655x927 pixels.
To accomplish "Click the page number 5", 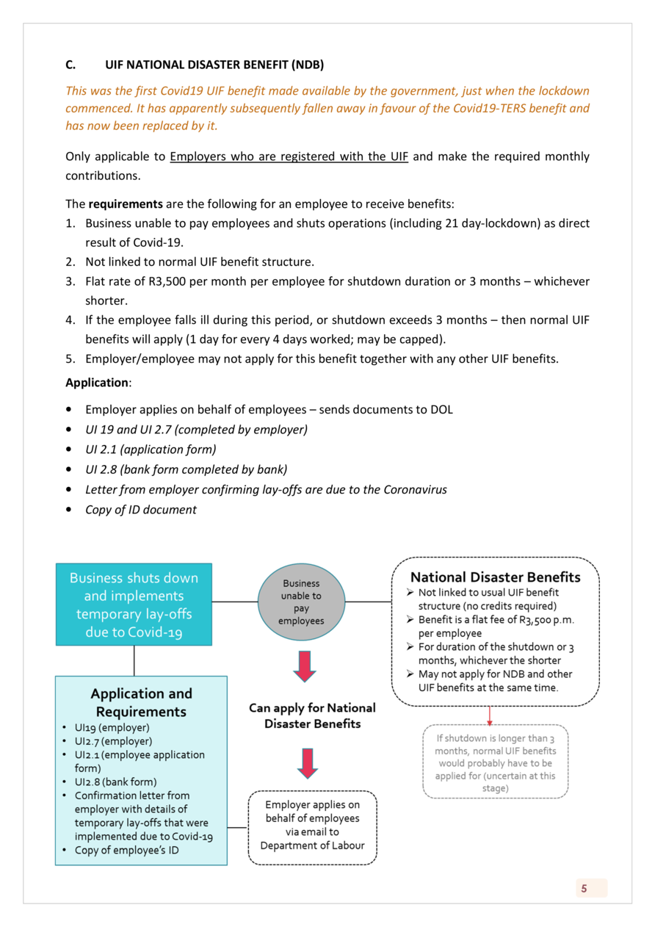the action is (x=584, y=889).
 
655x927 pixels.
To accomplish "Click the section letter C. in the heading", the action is (x=70, y=65).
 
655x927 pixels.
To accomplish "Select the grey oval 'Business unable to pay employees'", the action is (x=301, y=602).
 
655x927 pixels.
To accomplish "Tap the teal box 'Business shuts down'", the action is (x=134, y=605).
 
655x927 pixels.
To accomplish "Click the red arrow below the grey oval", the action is (x=305, y=667).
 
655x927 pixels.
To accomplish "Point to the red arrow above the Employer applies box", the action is (x=308, y=763).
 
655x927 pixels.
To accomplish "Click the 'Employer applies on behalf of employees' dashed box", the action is (x=312, y=828).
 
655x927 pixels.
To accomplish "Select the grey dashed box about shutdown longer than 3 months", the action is (x=495, y=762).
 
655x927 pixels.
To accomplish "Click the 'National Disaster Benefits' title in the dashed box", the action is (x=495, y=577).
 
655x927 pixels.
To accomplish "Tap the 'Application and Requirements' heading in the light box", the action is (x=142, y=702).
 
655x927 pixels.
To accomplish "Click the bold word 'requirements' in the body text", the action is (x=126, y=204).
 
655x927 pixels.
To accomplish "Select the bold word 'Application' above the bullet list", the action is (x=97, y=383).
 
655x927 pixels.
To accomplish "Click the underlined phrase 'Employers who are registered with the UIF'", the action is (x=289, y=156).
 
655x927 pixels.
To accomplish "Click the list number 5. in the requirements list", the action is (x=70, y=358).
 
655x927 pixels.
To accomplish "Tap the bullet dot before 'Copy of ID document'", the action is (x=69, y=510).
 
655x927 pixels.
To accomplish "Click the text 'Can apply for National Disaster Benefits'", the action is (x=312, y=715).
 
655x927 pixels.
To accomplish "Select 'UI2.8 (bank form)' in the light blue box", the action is (x=115, y=782).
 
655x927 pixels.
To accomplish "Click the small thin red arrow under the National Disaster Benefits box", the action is (x=490, y=716).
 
